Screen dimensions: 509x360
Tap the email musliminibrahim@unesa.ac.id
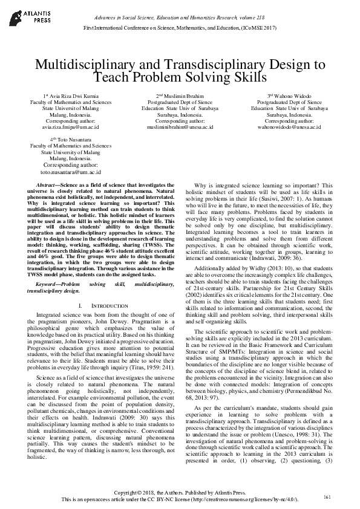180,128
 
